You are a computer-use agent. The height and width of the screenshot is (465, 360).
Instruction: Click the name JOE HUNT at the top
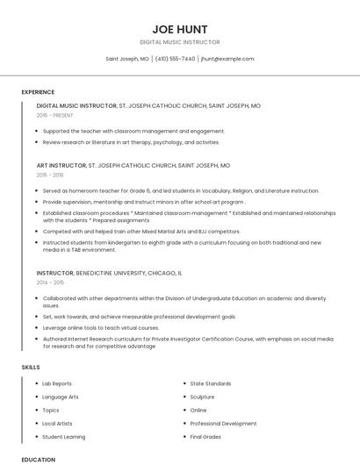coord(179,28)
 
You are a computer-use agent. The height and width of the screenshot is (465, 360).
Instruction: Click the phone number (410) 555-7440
coord(176,59)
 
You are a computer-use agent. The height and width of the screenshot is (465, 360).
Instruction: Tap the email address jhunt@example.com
coord(227,59)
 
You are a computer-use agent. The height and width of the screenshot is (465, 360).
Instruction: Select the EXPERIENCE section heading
coord(38,92)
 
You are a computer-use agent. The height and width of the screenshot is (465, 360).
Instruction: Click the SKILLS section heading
coord(31,367)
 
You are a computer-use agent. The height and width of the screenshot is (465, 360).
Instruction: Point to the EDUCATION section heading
coord(39,459)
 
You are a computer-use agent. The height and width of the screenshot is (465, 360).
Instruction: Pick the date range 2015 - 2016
coord(50,175)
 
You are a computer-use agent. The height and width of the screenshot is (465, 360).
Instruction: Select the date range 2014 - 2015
coord(50,283)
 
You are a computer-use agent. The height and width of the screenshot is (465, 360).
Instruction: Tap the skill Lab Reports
coord(57,383)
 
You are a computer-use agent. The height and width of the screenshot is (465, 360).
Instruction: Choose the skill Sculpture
coord(203,397)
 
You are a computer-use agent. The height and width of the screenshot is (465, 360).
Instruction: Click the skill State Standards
coord(210,383)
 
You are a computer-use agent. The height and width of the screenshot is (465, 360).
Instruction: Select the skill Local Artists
coord(58,423)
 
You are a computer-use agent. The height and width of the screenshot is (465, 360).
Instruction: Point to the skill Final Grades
coord(205,436)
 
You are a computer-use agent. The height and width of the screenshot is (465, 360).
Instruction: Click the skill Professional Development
coord(223,423)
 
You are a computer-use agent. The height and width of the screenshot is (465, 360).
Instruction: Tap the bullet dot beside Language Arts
coord(36,397)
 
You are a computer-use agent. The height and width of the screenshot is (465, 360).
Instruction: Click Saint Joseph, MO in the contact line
coord(127,59)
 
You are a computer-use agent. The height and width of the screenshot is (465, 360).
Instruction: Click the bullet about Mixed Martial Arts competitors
coord(140,231)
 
